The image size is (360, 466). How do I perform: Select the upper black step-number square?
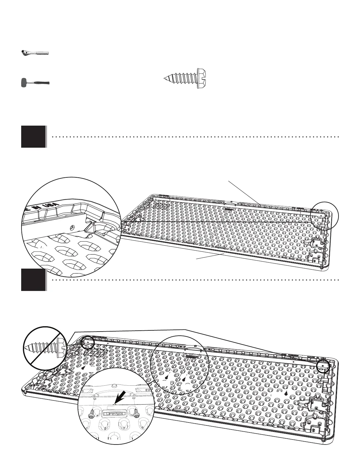tap(33, 137)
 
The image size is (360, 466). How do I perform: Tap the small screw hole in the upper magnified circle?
tap(72, 227)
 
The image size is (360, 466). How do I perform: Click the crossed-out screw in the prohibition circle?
tap(45, 349)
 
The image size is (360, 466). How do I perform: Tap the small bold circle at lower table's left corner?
tap(88, 342)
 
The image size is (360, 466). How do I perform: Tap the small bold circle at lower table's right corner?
tap(324, 366)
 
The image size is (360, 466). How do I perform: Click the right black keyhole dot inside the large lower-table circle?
tap(184, 380)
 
